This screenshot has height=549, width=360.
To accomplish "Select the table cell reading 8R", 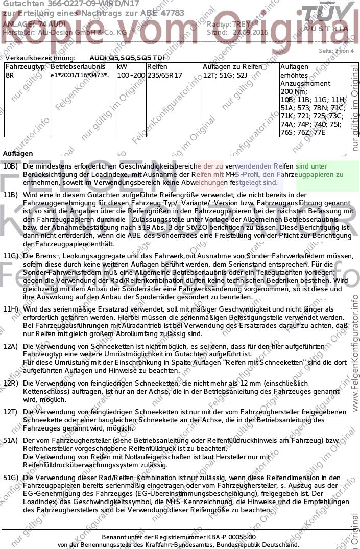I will [9, 75].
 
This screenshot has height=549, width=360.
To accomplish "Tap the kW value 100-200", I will [130, 75].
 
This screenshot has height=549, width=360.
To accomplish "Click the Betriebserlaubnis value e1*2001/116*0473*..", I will [79, 75].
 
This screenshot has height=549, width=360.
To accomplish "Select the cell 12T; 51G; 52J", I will [225, 75].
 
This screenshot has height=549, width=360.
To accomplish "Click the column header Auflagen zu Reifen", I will [232, 67].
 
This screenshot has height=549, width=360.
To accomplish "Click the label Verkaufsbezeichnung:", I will [39, 58].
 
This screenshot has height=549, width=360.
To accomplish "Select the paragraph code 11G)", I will [11, 255].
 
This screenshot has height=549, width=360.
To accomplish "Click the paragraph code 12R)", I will [11, 383].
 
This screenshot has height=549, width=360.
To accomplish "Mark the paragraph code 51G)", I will [11, 478].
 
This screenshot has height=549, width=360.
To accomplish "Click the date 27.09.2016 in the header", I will [250, 32].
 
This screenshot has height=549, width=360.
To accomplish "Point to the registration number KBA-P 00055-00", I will [229, 537].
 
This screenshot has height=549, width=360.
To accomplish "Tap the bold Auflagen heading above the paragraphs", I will [17, 153].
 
